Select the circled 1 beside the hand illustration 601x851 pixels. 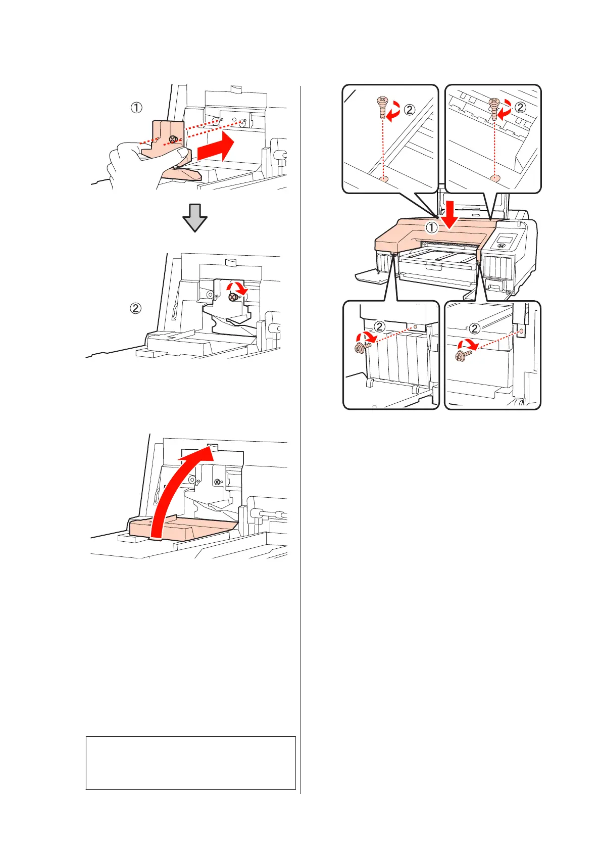137,108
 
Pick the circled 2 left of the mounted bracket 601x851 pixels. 135,307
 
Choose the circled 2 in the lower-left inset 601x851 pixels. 380,326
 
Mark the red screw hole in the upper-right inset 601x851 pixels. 494,177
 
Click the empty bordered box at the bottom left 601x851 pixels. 190,763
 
